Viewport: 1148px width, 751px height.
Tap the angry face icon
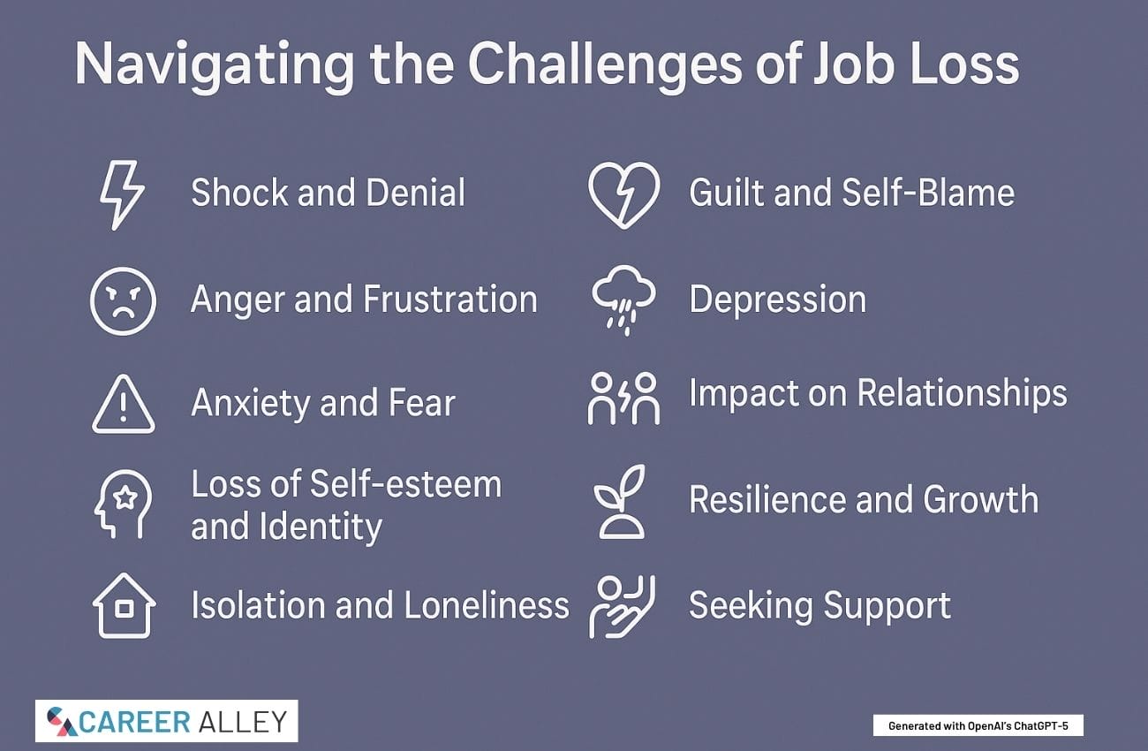pyautogui.click(x=123, y=301)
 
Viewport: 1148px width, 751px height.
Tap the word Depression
pyautogui.click(x=777, y=300)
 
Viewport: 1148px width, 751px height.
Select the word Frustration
pyautogui.click(x=450, y=299)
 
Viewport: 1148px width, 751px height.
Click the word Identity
pyautogui.click(x=321, y=527)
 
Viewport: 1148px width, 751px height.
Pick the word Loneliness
pyautogui.click(x=487, y=605)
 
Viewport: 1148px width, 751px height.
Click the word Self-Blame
pyautogui.click(x=927, y=193)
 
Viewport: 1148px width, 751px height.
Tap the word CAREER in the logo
pyautogui.click(x=135, y=722)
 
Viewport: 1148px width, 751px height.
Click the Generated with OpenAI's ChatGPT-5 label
pyautogui.click(x=978, y=726)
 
